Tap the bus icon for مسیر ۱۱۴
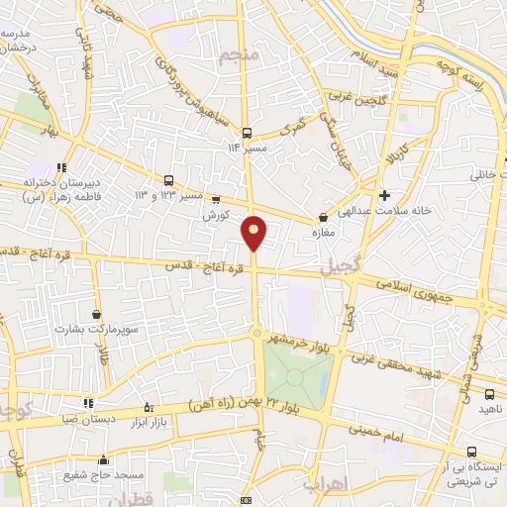pos(248,132)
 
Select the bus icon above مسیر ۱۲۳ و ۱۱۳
pos(168,180)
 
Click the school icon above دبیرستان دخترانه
pos(62,167)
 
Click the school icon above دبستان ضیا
pos(88,403)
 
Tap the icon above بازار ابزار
pos(150,406)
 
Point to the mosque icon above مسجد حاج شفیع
pos(103,459)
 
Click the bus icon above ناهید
pos(484,393)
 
